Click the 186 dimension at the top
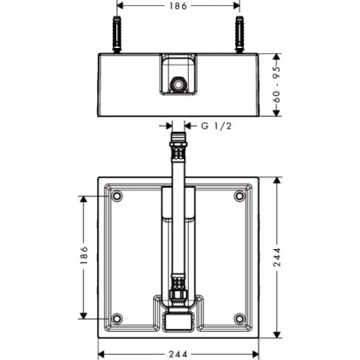(x=178, y=6)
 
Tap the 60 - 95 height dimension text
(x=277, y=85)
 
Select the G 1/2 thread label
(x=217, y=126)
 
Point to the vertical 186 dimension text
(x=84, y=255)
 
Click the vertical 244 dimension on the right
(x=277, y=257)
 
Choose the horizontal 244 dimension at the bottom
(x=178, y=355)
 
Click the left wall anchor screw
(x=117, y=34)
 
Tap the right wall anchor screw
(x=239, y=34)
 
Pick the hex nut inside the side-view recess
(x=177, y=84)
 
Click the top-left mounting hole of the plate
(x=117, y=196)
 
